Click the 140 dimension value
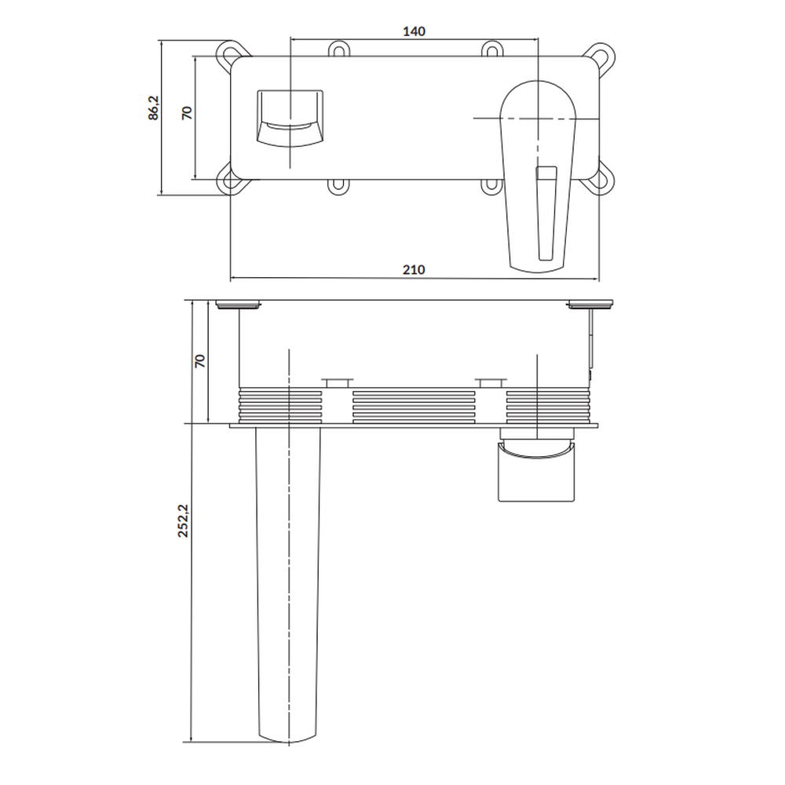[x=414, y=31]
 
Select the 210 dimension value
[x=414, y=270]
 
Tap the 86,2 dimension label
[x=153, y=108]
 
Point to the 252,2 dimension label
[x=183, y=520]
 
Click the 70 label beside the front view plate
[x=187, y=112]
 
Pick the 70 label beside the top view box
[x=199, y=361]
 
